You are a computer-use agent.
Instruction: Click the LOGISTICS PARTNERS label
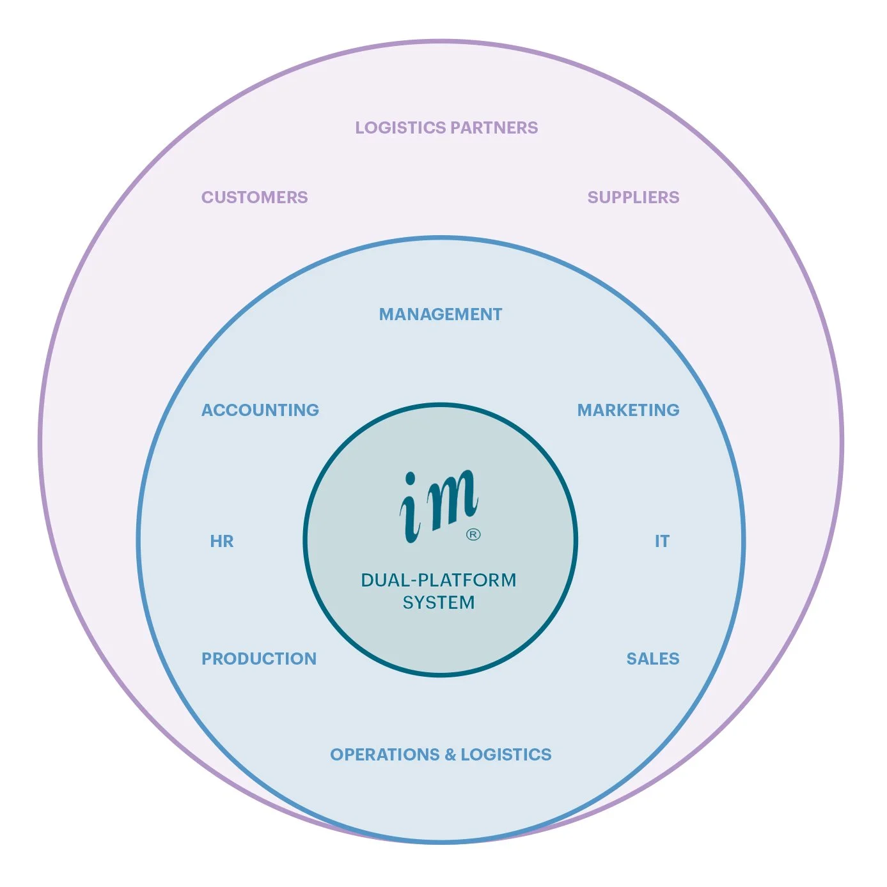446,128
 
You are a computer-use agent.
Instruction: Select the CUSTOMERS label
255,197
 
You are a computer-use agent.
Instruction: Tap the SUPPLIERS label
633,197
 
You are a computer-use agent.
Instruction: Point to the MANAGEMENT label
441,314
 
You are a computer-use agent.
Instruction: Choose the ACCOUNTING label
260,410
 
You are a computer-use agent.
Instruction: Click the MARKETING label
628,410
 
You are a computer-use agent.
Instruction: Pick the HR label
222,541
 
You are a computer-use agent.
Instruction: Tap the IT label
662,541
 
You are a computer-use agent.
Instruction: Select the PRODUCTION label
259,659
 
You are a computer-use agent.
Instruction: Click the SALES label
652,659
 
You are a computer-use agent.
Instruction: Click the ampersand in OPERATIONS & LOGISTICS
450,755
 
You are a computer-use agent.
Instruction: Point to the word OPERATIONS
385,755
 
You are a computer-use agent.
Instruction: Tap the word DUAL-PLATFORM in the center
439,580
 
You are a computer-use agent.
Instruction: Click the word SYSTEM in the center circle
439,603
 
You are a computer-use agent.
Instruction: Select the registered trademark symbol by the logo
473,534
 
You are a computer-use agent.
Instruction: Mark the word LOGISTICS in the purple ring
400,128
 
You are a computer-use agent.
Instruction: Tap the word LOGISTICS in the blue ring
506,755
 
